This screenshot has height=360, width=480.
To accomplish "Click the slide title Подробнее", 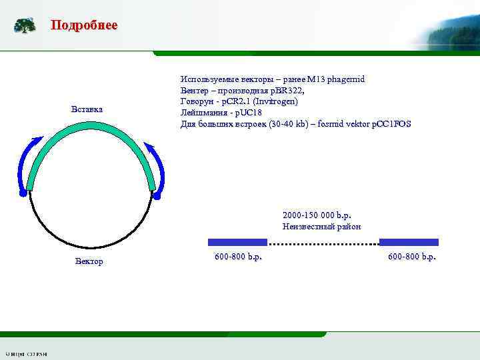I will click(x=84, y=25).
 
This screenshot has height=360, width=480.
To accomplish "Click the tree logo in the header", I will click(x=25, y=25).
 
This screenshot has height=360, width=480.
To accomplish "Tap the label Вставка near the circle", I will click(x=87, y=109).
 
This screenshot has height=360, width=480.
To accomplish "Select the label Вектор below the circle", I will click(x=89, y=261).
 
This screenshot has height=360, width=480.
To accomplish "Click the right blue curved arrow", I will click(x=159, y=167).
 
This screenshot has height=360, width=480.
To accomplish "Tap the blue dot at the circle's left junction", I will click(x=23, y=193).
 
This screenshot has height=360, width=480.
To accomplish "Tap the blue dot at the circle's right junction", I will click(x=157, y=196).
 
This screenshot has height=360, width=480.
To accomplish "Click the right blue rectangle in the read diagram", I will click(x=409, y=242).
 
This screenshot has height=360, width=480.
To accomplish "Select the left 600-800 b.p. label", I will click(x=238, y=257).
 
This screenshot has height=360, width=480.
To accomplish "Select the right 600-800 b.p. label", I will click(x=411, y=257).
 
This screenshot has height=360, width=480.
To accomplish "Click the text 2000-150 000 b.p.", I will click(x=317, y=215).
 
